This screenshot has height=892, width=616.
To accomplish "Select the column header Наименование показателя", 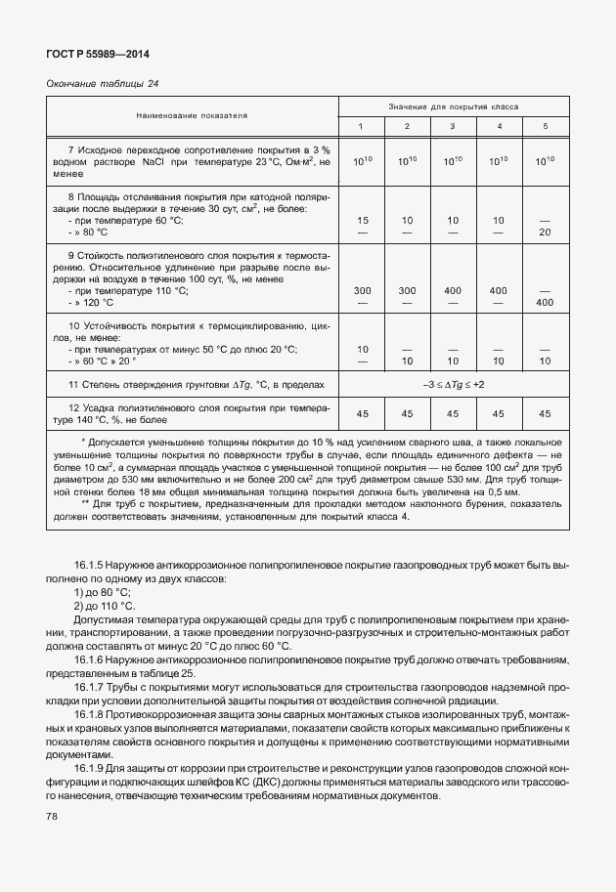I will click(192, 115).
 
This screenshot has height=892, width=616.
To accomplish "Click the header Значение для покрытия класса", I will click(452, 105).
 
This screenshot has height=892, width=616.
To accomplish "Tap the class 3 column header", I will click(453, 127).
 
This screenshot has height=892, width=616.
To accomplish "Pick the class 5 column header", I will click(546, 127).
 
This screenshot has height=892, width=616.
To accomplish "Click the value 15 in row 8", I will click(363, 221).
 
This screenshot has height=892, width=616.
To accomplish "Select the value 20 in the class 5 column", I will click(546, 233).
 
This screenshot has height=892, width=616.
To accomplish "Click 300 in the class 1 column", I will click(363, 291).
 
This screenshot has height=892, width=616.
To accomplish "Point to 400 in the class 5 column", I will click(546, 303).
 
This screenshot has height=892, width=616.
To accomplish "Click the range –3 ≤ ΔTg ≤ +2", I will click(453, 384).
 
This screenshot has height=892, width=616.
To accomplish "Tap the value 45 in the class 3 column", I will click(453, 414).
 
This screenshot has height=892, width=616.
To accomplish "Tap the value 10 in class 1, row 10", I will click(363, 349).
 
